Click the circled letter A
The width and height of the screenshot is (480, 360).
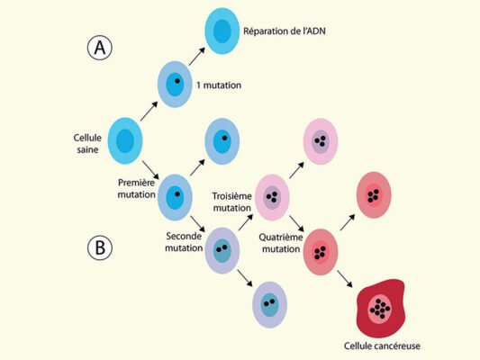tap(100, 48)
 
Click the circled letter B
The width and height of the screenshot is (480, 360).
tap(100, 247)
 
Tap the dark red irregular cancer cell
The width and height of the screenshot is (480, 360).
tap(381, 308)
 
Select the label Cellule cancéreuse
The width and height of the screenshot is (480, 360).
tap(382, 346)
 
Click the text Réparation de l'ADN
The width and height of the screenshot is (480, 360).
tap(285, 31)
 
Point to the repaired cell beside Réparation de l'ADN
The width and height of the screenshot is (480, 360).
tap(222, 31)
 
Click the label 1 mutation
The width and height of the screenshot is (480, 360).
tap(219, 85)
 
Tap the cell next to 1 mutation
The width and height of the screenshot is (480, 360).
tap(175, 85)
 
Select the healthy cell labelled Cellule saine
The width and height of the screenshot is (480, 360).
tap(125, 141)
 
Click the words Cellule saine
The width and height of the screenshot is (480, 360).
tap(87, 143)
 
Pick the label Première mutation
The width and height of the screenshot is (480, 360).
tap(137, 188)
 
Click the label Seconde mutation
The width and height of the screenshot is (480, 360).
tap(184, 242)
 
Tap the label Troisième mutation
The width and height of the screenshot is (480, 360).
tap(232, 202)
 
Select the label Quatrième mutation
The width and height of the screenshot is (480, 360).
tap(281, 243)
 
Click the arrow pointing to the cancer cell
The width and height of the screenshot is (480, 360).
tap(345, 279)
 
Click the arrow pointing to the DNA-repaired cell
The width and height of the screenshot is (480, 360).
tap(197, 57)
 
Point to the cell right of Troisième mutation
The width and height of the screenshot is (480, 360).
tap(272, 198)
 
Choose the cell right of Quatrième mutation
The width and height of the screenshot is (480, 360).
tap(321, 252)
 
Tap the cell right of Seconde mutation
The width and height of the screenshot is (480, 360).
tap(222, 250)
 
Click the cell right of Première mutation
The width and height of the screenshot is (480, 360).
tap(175, 198)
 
